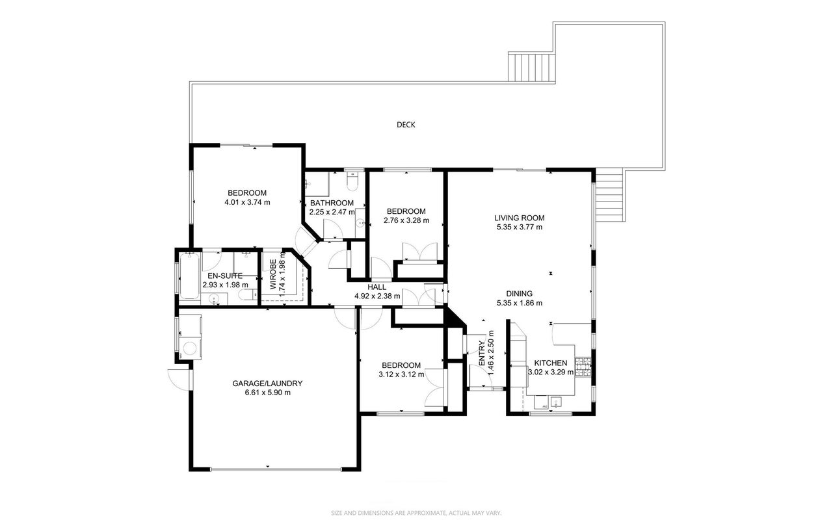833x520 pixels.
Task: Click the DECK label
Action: tap(406, 125)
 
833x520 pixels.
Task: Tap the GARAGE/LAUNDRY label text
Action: tap(267, 383)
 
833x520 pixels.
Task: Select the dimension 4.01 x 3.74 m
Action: tap(247, 203)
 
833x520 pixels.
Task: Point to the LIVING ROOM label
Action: tap(519, 218)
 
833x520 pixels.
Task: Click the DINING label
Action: tap(519, 294)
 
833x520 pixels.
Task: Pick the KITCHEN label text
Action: tap(551, 363)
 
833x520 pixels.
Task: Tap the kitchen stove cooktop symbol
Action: tap(583, 367)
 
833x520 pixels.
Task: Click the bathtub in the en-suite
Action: tap(189, 276)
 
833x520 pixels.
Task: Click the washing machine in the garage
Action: tap(191, 348)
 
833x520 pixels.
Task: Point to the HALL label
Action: tap(377, 287)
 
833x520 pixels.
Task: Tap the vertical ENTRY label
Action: tap(482, 353)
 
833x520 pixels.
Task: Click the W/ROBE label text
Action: tap(273, 274)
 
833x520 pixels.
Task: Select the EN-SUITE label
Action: tap(225, 276)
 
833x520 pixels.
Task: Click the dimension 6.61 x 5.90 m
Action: tap(268, 393)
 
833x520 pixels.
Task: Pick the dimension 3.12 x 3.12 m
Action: tap(401, 374)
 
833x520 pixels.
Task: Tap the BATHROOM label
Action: tap(332, 203)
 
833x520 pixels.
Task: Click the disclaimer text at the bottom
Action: tap(416, 513)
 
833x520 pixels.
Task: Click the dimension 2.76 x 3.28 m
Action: tap(406, 220)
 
